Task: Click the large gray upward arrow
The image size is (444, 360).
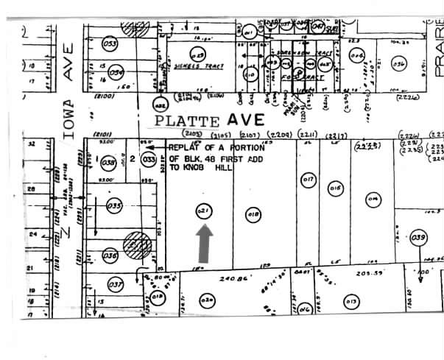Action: click(205, 243)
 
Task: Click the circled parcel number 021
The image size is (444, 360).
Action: click(204, 211)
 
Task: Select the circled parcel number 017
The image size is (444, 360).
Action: click(309, 179)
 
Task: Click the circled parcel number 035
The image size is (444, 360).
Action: click(113, 207)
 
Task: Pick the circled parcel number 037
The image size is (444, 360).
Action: click(115, 285)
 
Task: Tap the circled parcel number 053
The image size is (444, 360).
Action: click(111, 43)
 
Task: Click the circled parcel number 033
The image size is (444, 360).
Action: click(148, 158)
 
